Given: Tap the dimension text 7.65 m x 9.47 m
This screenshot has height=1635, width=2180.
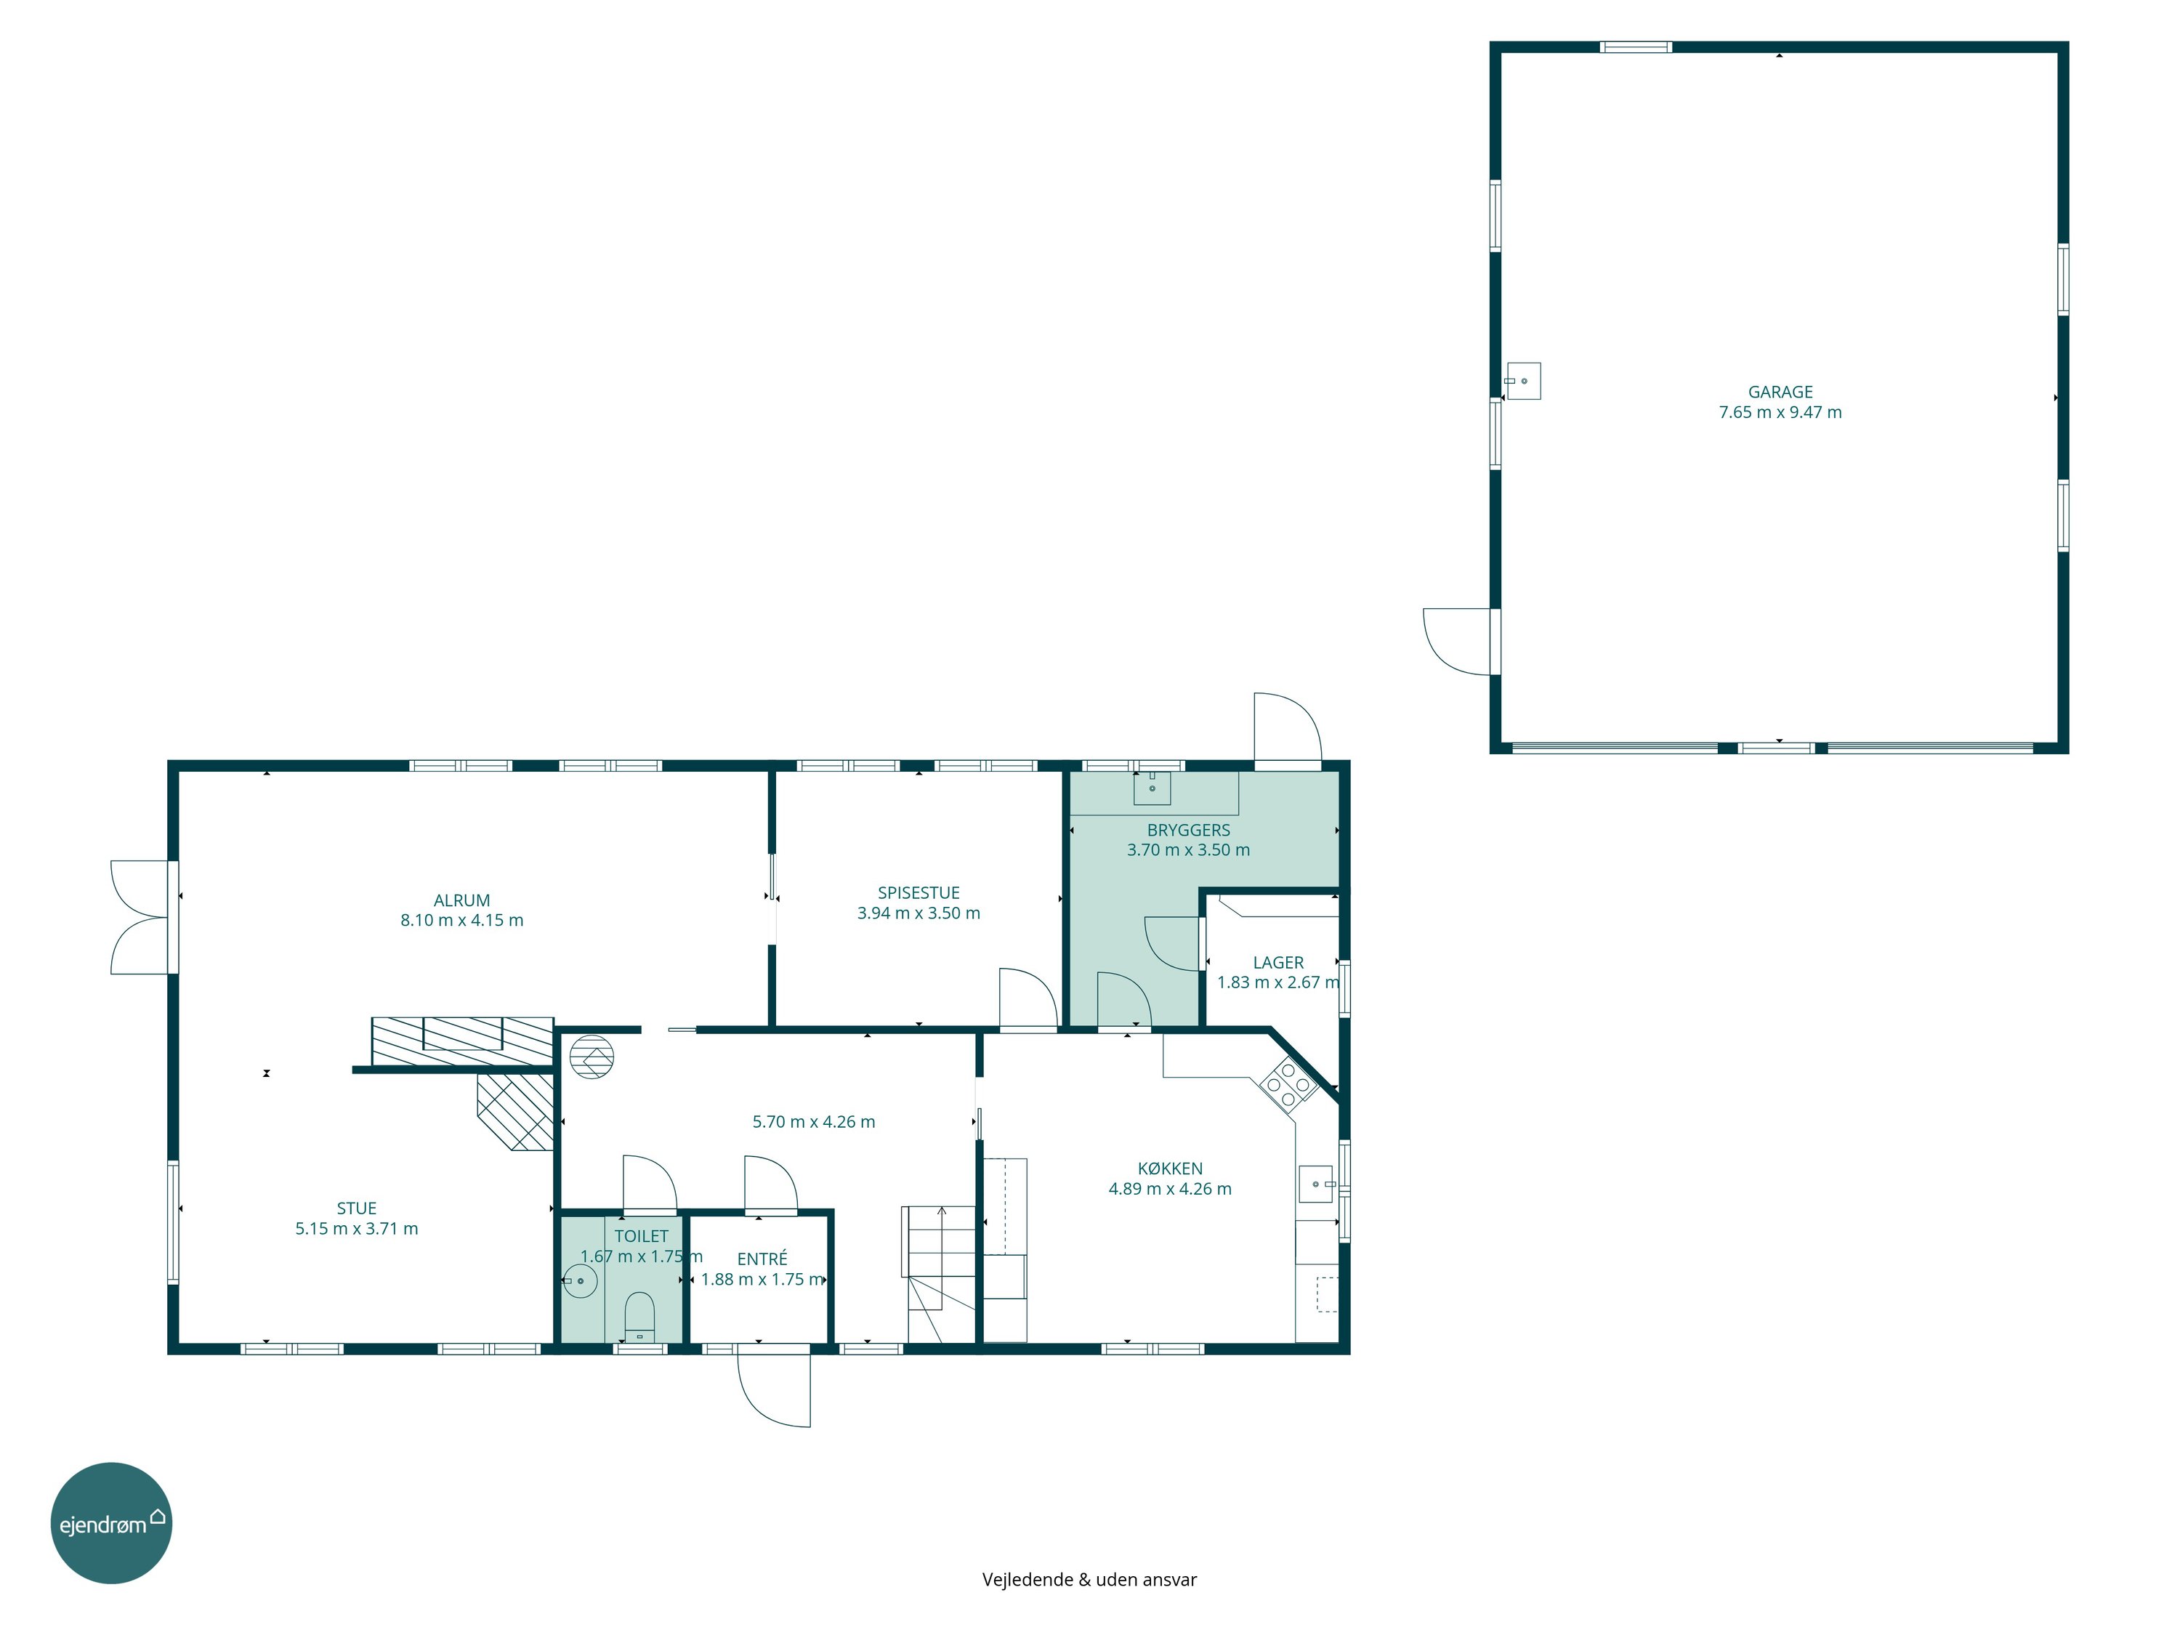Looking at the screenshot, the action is click(x=1780, y=412).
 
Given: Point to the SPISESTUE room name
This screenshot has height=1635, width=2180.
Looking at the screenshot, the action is click(x=919, y=893).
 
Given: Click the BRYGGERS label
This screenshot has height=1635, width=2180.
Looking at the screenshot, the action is click(x=1189, y=830).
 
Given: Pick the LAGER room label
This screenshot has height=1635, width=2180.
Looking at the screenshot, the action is click(x=1278, y=962).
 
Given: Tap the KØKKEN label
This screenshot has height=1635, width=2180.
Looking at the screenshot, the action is click(x=1170, y=1168).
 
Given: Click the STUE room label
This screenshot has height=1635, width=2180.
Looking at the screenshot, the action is click(x=357, y=1208).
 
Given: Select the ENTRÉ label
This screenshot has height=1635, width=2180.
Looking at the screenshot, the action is click(x=762, y=1259).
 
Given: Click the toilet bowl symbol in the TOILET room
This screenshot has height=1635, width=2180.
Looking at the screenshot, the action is click(x=639, y=1316).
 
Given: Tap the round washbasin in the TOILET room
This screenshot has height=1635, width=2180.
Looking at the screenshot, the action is click(x=581, y=1281).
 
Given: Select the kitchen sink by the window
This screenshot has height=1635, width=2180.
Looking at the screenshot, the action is click(x=1316, y=1184).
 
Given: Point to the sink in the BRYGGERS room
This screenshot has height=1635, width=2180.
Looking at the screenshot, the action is click(x=1151, y=788).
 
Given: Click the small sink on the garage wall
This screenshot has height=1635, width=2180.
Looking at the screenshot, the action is click(x=1522, y=381).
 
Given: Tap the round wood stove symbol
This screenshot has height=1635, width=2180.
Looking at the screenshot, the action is click(x=592, y=1057).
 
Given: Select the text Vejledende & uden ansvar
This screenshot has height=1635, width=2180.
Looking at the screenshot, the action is click(x=1089, y=1580).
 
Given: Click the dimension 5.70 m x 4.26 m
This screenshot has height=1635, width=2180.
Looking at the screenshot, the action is click(x=813, y=1121).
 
